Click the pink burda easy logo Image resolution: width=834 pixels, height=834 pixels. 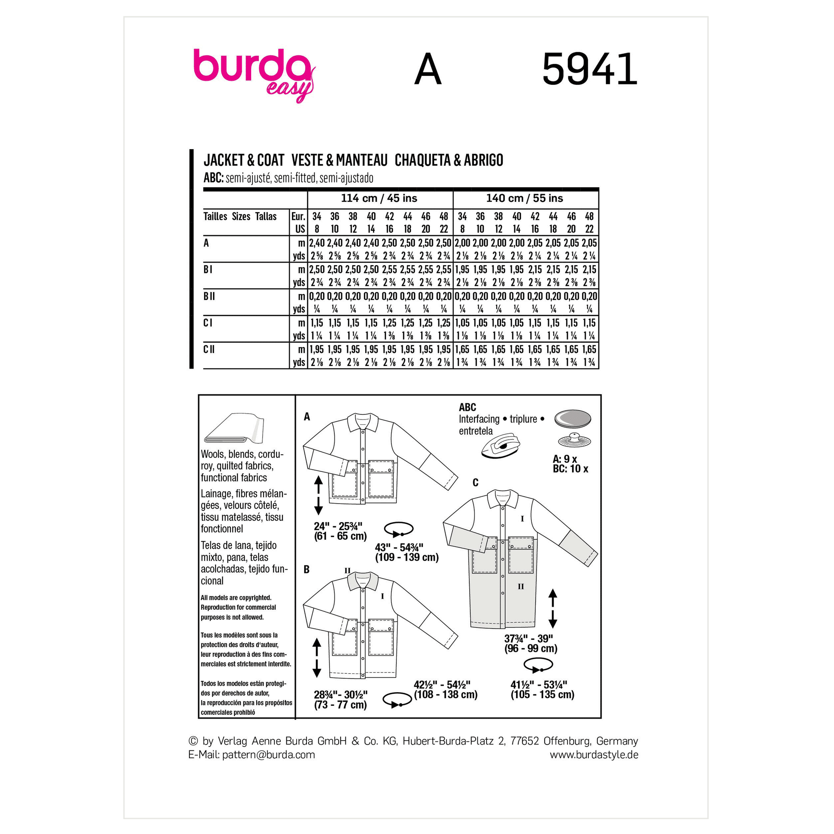point(254,73)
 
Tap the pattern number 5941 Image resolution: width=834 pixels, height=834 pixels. point(589,69)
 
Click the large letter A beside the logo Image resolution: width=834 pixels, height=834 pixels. point(427,69)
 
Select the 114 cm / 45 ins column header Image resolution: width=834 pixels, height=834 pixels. point(379,198)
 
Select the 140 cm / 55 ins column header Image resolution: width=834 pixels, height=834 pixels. point(525,198)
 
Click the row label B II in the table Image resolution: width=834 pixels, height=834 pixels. point(209,296)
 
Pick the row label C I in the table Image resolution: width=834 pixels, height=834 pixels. point(207,323)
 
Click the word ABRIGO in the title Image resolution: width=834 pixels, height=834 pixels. point(483,160)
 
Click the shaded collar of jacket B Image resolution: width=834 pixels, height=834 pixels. point(363,581)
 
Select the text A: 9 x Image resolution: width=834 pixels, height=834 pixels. point(564,459)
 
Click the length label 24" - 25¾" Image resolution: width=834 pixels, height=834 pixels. point(338,526)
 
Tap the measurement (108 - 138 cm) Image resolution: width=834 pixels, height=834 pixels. point(445,695)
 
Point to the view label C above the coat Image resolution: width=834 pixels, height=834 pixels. point(475,483)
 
